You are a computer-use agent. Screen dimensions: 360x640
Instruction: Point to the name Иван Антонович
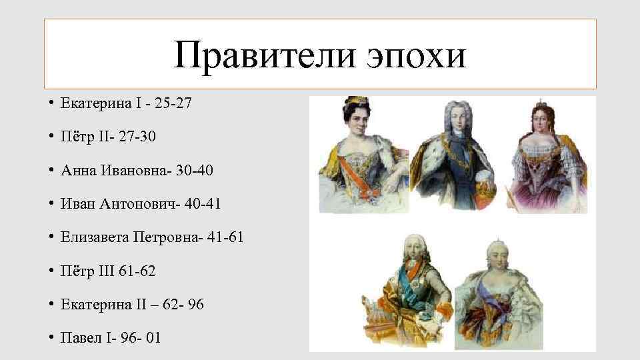pyautogui.click(x=119, y=203)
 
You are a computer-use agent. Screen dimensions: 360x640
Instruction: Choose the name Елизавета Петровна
pyautogui.click(x=130, y=237)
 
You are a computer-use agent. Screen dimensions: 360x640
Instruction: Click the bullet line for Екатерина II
pyautogui.click(x=132, y=305)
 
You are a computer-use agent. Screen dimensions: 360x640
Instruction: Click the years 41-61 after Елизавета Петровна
pyautogui.click(x=227, y=237)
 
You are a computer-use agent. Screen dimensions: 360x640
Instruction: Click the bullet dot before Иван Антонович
pyautogui.click(x=51, y=203)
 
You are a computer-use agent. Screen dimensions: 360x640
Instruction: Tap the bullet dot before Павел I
pyautogui.click(x=51, y=338)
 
